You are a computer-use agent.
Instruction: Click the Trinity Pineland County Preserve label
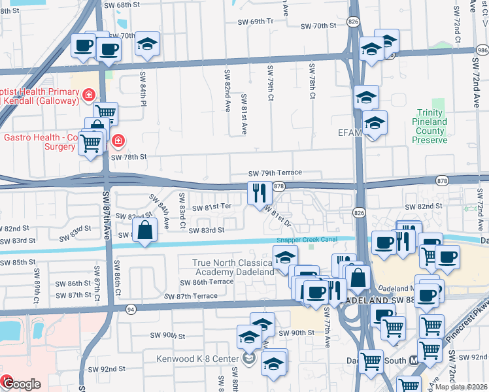[430, 126]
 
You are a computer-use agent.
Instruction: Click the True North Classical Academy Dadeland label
[233, 267]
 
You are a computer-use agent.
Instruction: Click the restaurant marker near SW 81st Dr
[260, 193]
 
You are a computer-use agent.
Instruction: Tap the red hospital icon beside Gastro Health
[118, 140]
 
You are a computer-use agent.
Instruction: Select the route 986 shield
[482, 50]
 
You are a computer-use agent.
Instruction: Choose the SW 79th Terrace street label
[275, 172]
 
